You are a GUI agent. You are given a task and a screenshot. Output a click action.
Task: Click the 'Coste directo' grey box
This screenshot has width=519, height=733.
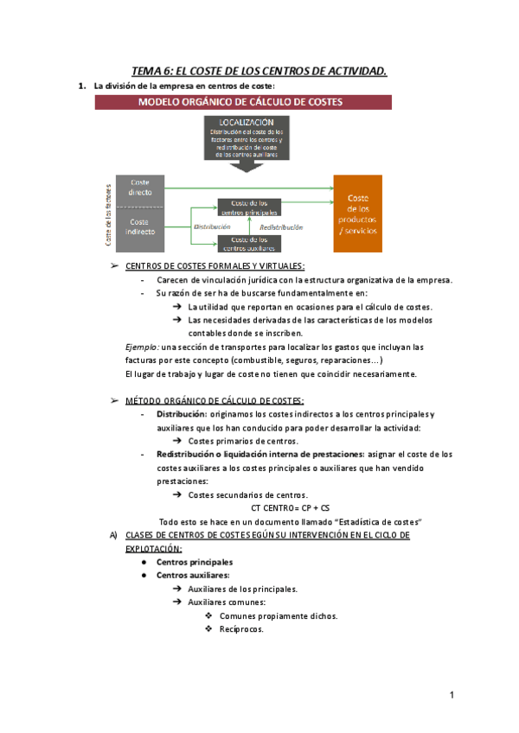140,188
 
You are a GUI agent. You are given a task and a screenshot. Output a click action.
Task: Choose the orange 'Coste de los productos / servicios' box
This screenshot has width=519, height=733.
357,214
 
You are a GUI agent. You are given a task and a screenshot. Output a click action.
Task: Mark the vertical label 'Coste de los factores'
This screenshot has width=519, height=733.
108,213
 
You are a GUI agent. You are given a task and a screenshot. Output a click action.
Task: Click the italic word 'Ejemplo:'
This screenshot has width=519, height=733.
142,347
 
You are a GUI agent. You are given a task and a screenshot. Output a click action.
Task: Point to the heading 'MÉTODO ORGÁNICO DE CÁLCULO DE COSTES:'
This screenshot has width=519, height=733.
215,401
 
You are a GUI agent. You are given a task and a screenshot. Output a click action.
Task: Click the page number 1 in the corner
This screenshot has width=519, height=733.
452,696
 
